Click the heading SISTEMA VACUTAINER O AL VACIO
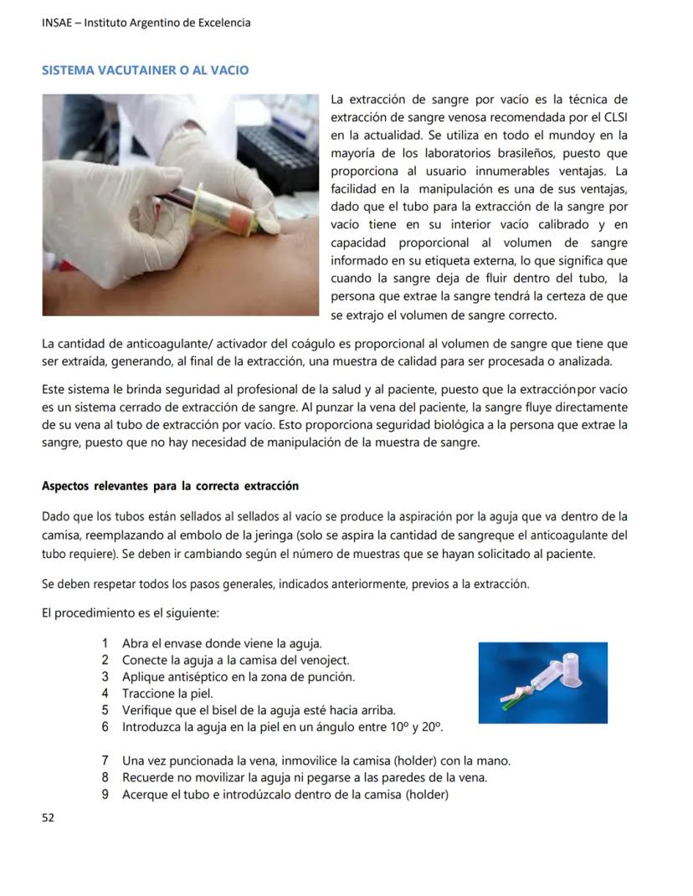(145, 70)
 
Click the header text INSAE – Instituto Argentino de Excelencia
(146, 23)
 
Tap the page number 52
(48, 817)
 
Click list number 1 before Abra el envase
(105, 643)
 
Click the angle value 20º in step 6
(431, 727)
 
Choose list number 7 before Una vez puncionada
(105, 761)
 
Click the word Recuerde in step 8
(149, 778)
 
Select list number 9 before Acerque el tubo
(105, 795)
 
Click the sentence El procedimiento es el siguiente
(130, 613)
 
